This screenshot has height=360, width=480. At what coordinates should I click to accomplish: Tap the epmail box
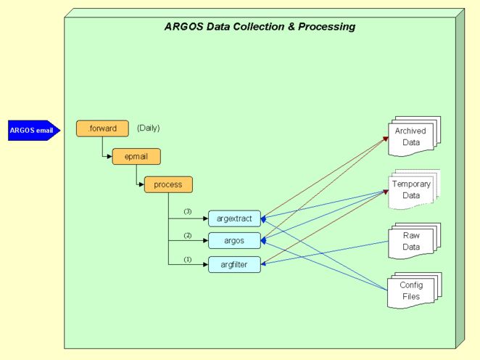point(136,157)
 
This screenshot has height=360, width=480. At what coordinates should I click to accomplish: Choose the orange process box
point(168,184)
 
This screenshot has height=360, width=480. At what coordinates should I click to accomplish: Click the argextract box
point(233,218)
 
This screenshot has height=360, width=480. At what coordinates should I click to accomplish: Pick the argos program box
point(233,241)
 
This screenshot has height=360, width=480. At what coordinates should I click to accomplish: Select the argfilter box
point(233,265)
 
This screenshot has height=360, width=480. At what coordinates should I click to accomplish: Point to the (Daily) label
point(148,128)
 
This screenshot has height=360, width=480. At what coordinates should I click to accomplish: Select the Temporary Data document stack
point(411,189)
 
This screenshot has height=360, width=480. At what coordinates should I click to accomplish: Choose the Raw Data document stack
point(411,241)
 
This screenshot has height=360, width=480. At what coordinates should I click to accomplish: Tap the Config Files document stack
point(411,291)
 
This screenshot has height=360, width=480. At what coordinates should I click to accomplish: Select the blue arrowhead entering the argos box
point(265,240)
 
